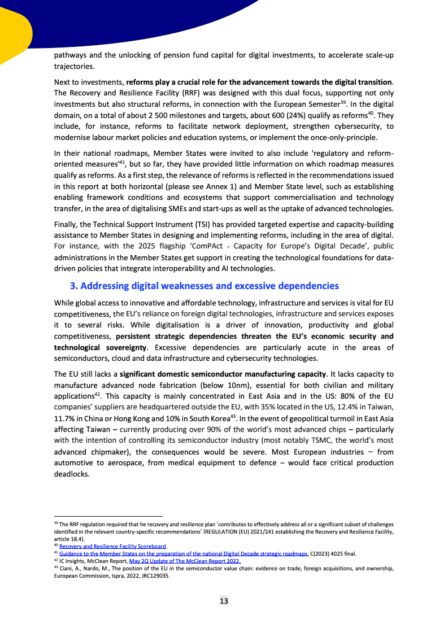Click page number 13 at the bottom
click(224, 601)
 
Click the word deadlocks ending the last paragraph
click(72, 474)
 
